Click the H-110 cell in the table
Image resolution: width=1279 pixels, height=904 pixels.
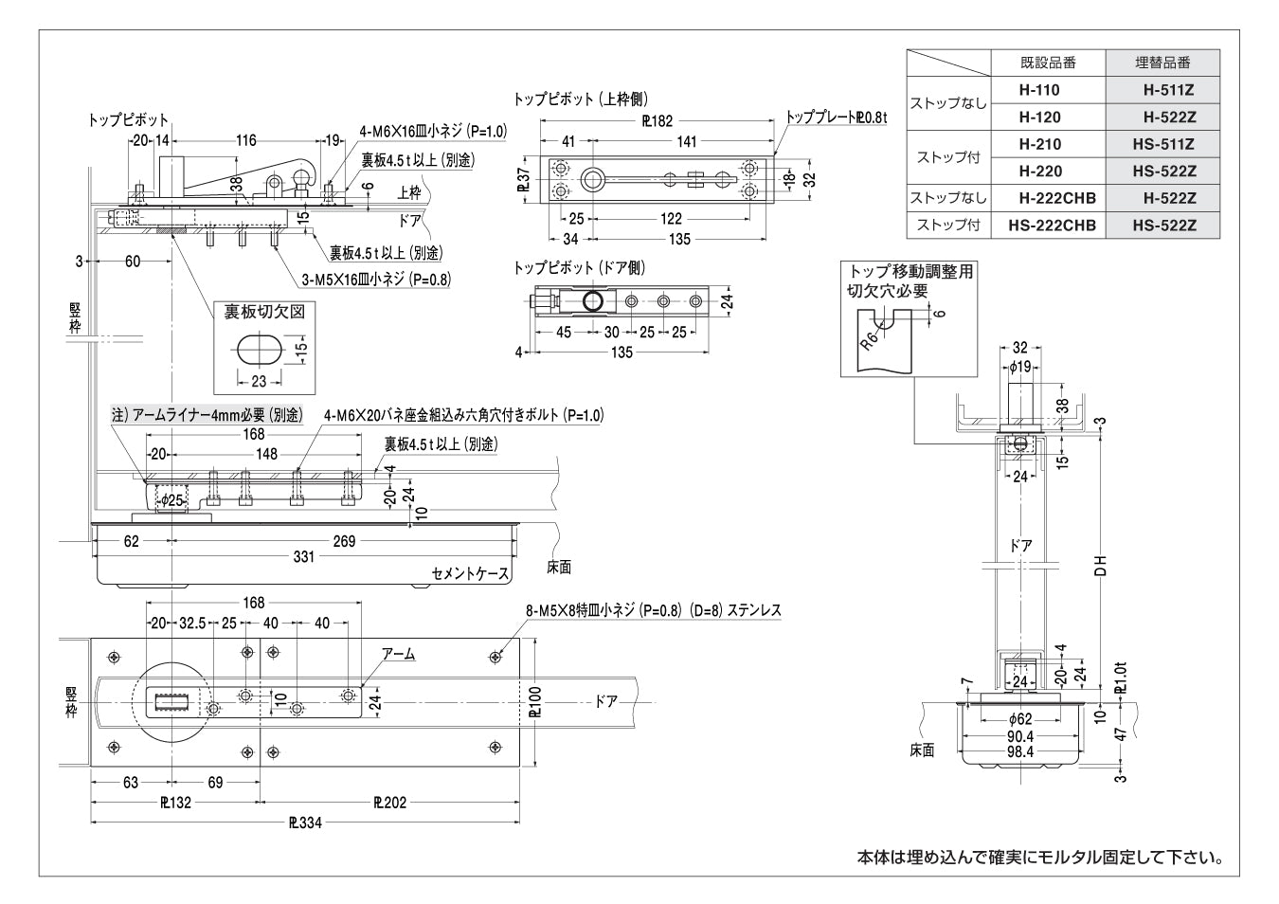point(1039,91)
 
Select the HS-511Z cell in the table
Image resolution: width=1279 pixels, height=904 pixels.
point(1163,145)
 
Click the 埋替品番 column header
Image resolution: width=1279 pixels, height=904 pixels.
point(1162,63)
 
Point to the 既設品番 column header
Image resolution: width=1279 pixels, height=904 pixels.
point(1048,63)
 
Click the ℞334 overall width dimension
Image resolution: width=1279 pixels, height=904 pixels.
point(305,823)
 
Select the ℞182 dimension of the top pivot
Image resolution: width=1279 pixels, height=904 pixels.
point(658,120)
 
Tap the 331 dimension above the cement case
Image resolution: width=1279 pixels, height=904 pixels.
point(303,557)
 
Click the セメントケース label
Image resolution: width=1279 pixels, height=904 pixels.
point(470,574)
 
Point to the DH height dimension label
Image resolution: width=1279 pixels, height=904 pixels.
point(1100,566)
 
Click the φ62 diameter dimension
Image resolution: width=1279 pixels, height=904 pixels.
point(1019,719)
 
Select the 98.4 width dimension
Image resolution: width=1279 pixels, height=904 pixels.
point(1019,752)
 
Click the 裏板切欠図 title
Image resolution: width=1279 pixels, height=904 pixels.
point(264,312)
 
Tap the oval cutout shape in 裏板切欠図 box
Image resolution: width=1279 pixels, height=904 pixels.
point(257,348)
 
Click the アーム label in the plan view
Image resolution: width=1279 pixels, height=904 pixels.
point(398,654)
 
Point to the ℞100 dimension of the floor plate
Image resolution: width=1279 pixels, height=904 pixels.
point(537,702)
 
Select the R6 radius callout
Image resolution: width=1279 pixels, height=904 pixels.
point(869,336)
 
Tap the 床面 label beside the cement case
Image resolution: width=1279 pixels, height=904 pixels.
point(559,568)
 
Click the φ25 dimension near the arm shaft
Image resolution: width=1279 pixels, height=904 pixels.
point(171,500)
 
